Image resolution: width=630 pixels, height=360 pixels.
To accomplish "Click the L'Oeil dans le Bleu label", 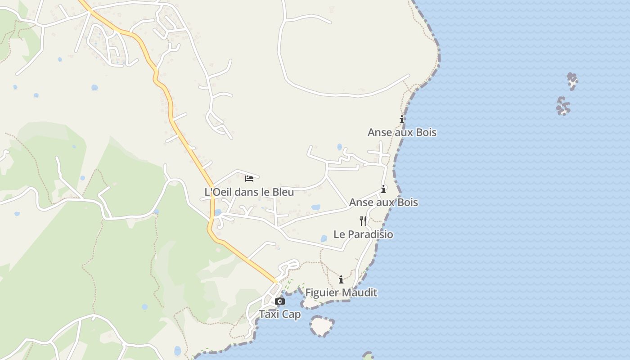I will point(249,192).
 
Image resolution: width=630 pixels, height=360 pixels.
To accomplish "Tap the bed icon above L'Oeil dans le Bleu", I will point(249,179).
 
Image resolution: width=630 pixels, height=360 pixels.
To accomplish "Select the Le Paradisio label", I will point(363,234).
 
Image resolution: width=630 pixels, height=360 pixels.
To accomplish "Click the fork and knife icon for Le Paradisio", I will point(363,220).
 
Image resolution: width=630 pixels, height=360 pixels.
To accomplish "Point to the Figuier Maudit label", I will point(341,293).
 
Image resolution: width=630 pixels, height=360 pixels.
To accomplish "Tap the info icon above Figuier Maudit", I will point(341,280).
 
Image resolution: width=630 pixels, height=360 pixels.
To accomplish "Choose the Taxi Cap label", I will point(280,315).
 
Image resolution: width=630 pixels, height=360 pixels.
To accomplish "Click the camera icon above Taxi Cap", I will point(280,301).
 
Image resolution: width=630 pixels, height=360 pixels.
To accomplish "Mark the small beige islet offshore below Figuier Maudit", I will point(322,326).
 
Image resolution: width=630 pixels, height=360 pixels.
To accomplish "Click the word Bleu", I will point(283,192).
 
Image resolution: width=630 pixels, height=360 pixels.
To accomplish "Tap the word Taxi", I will point(270,315).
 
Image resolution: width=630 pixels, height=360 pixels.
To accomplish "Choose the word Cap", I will point(292,315).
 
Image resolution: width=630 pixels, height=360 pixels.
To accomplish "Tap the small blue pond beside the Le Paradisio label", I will point(324,238).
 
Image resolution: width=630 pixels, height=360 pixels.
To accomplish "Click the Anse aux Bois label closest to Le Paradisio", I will point(383,202).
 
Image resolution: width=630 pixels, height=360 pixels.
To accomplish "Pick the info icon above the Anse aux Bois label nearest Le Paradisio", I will point(383,189).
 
